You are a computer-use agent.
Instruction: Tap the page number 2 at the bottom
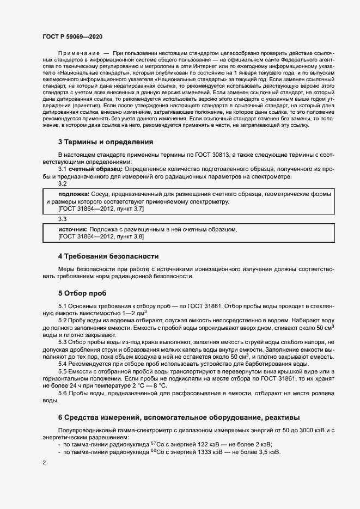click(x=44, y=463)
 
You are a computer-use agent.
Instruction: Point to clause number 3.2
click(x=63, y=184)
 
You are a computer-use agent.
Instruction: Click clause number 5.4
click(x=63, y=364)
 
